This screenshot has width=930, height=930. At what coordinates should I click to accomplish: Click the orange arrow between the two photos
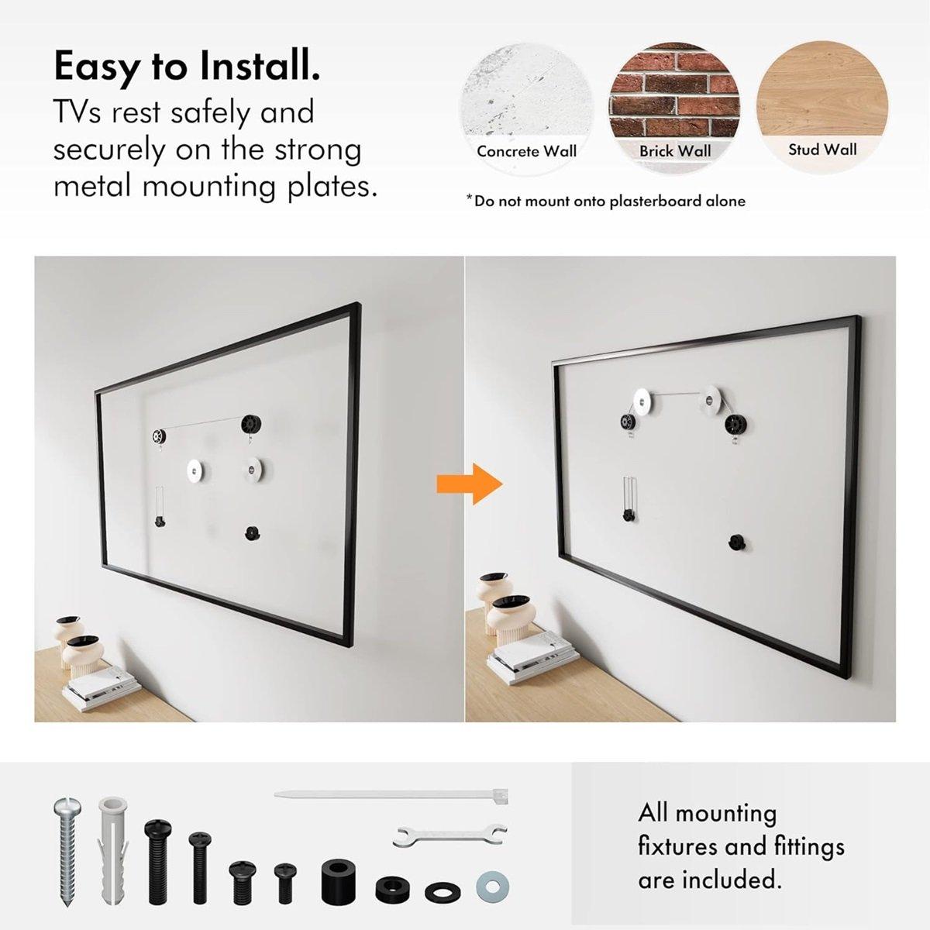coord(486,484)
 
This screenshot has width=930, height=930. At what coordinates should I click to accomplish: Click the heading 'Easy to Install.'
coord(186,67)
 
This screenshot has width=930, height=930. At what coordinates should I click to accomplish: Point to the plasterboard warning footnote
coord(605,201)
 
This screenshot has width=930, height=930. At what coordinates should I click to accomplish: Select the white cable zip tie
coord(392,796)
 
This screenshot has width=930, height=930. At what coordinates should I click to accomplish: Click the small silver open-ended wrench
coord(450,835)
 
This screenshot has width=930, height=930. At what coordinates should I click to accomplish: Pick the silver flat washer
coord(492,885)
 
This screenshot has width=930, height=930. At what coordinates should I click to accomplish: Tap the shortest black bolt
coord(285,883)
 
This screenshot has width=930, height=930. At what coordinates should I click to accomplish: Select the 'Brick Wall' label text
coord(674,151)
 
